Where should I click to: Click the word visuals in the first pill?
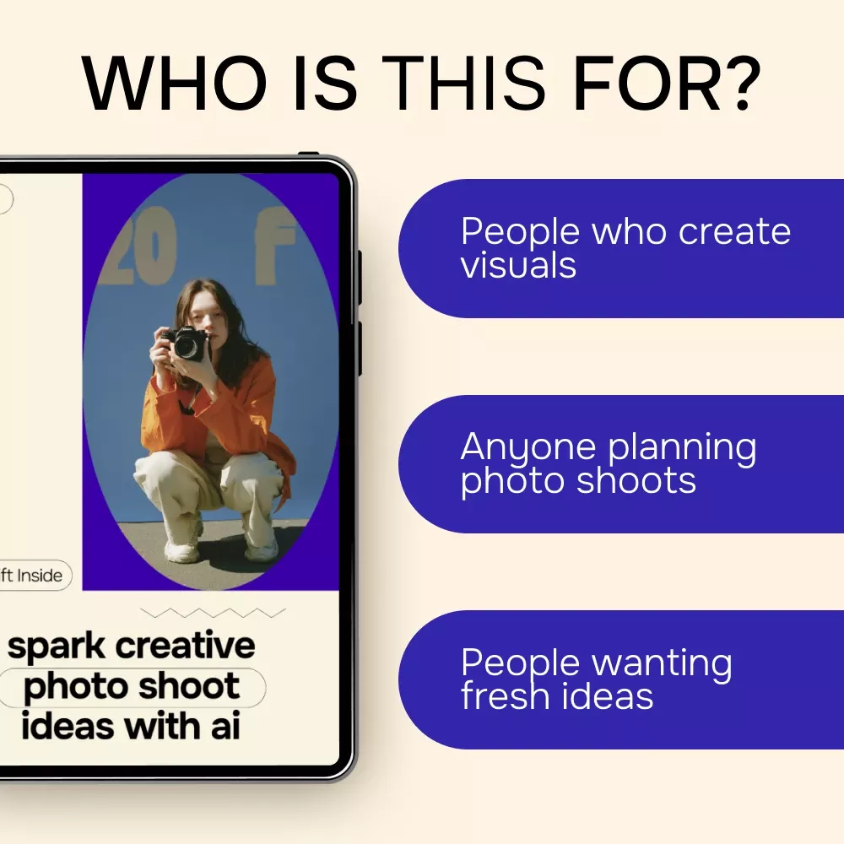[518, 265]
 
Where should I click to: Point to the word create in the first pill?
[734, 232]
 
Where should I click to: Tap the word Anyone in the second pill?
[528, 448]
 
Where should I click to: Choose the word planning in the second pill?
[683, 449]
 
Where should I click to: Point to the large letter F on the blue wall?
[275, 246]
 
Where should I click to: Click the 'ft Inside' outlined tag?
[32, 576]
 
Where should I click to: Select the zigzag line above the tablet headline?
[213, 613]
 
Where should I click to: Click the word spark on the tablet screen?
[57, 647]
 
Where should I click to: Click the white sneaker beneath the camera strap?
[181, 550]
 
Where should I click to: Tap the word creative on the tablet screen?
[185, 645]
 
